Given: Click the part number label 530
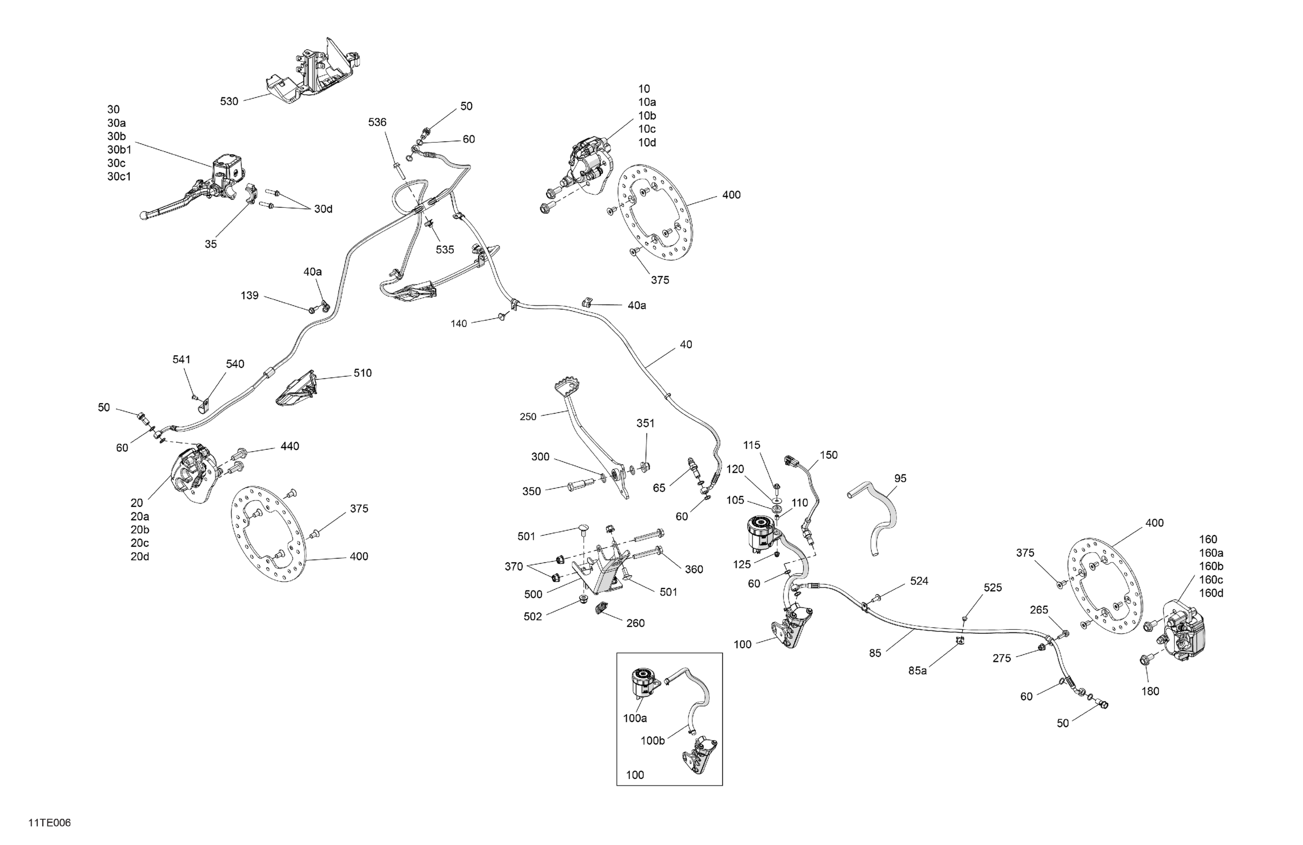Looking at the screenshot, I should [229, 101].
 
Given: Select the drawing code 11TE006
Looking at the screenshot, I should [50, 823].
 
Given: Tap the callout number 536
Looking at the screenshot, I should [377, 122].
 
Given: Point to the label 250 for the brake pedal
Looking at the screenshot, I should [528, 417].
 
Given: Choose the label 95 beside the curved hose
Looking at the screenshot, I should [900, 478].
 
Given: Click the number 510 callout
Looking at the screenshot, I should [362, 373].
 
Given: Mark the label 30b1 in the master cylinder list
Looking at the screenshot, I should [119, 150].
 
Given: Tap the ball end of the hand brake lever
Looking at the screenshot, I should [144, 216].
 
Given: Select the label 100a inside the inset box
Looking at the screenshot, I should [635, 718].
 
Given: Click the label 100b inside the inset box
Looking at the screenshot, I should [652, 741].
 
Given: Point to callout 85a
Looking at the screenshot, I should [917, 671].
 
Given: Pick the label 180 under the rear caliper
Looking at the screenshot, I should [1150, 691].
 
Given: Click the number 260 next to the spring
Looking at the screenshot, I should [635, 623].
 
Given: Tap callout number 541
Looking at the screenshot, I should [181, 359].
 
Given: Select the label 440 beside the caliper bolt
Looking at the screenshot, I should [290, 446].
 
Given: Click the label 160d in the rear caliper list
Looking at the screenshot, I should [1211, 593].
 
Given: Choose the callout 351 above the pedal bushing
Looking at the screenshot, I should [645, 423].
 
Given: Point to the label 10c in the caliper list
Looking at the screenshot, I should [647, 129].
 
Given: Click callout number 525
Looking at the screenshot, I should [992, 588].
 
